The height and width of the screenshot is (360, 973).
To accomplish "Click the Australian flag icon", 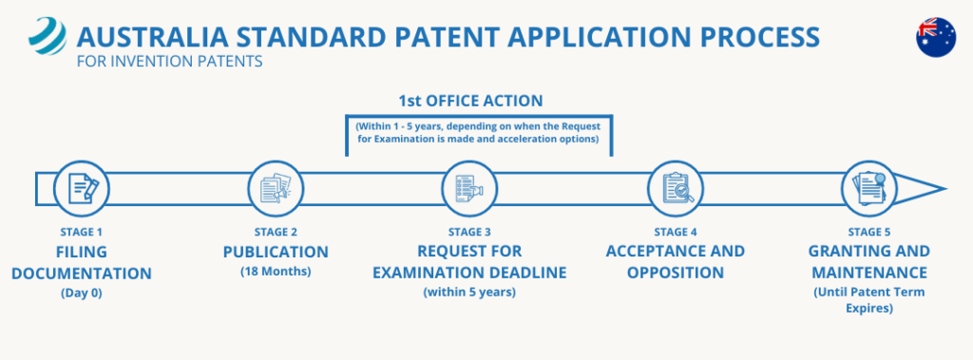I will tap(936, 36).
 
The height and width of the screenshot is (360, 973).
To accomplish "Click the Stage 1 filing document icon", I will tap(82, 188).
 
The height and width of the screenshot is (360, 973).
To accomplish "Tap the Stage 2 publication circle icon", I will tap(276, 188).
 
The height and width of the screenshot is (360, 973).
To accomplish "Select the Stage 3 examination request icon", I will tap(469, 188).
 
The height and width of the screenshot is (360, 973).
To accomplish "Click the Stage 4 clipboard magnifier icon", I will tap(676, 188).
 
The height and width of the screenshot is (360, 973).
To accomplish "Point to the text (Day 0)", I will tap(82, 293).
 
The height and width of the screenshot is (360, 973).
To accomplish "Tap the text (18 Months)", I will tap(276, 273).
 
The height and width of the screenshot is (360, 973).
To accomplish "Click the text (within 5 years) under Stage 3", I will tap(469, 293).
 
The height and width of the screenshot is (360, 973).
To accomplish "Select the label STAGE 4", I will tap(676, 233).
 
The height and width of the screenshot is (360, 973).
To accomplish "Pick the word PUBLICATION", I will tap(276, 253).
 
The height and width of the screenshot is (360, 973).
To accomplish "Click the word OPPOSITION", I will tap(676, 273).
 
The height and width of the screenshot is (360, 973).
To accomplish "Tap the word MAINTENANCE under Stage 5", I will tap(868, 273).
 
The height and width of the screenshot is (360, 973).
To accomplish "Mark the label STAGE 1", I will tap(82, 233).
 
